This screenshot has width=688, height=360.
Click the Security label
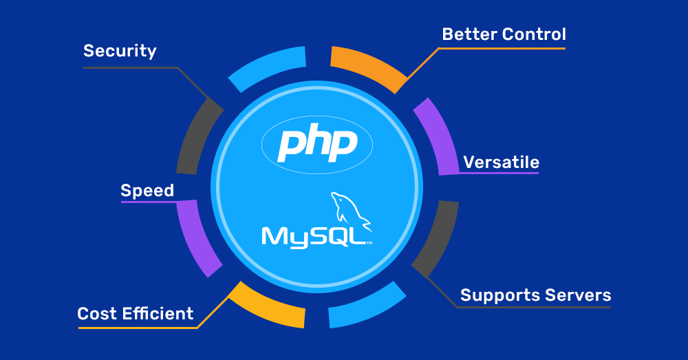(x=120, y=51)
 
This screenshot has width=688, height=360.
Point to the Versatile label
(x=501, y=162)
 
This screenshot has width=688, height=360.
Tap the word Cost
(x=97, y=314)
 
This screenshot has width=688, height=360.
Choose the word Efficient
(x=158, y=314)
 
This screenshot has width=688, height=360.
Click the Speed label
(x=147, y=191)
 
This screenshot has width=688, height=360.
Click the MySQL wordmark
(x=314, y=235)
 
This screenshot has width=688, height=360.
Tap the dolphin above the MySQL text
(x=350, y=209)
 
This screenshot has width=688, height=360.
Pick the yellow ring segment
(x=265, y=306)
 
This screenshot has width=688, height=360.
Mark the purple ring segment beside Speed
(x=195, y=238)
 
